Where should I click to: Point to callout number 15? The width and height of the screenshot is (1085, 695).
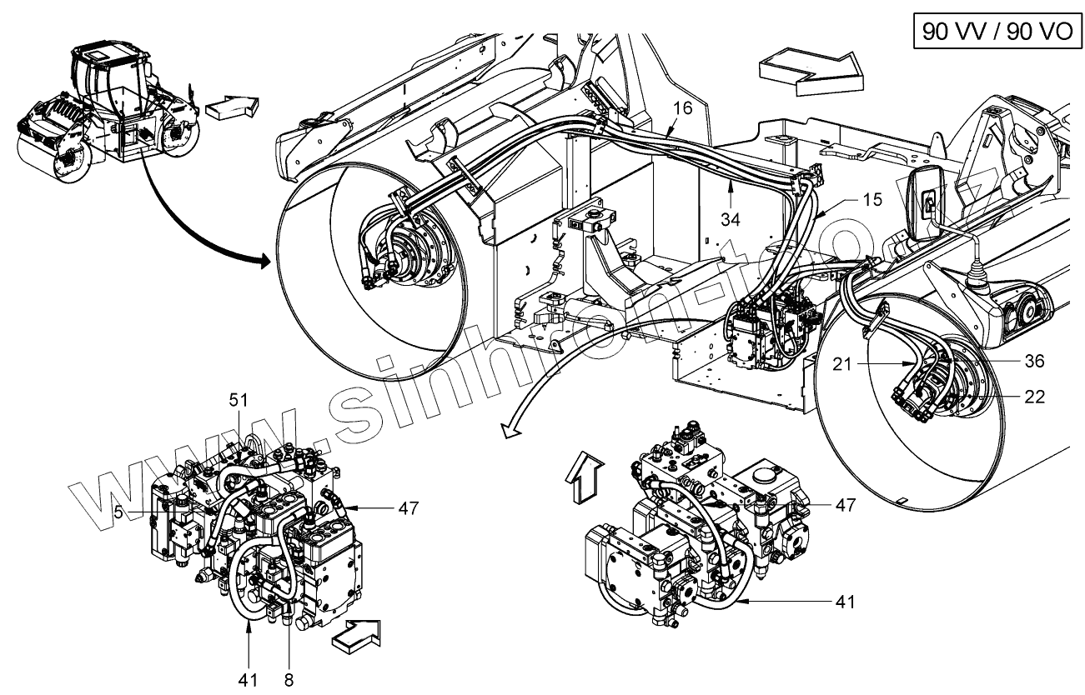pyautogui.click(x=872, y=201)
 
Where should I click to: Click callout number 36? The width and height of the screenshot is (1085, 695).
pyautogui.click(x=1035, y=361)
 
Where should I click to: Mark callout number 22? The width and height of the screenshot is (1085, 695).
pyautogui.click(x=1035, y=397)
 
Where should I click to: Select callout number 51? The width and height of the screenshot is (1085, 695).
pyautogui.click(x=240, y=401)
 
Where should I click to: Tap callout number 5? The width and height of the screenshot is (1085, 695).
pyautogui.click(x=119, y=513)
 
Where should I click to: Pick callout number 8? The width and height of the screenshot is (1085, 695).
pyautogui.click(x=289, y=678)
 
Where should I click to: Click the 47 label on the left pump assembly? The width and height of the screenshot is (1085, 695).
pyautogui.click(x=408, y=507)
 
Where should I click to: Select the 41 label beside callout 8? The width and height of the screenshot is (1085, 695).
pyautogui.click(x=248, y=678)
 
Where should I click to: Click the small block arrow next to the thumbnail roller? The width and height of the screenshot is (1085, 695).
pyautogui.click(x=231, y=108)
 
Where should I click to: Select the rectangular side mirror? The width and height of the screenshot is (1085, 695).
pyautogui.click(x=925, y=202)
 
